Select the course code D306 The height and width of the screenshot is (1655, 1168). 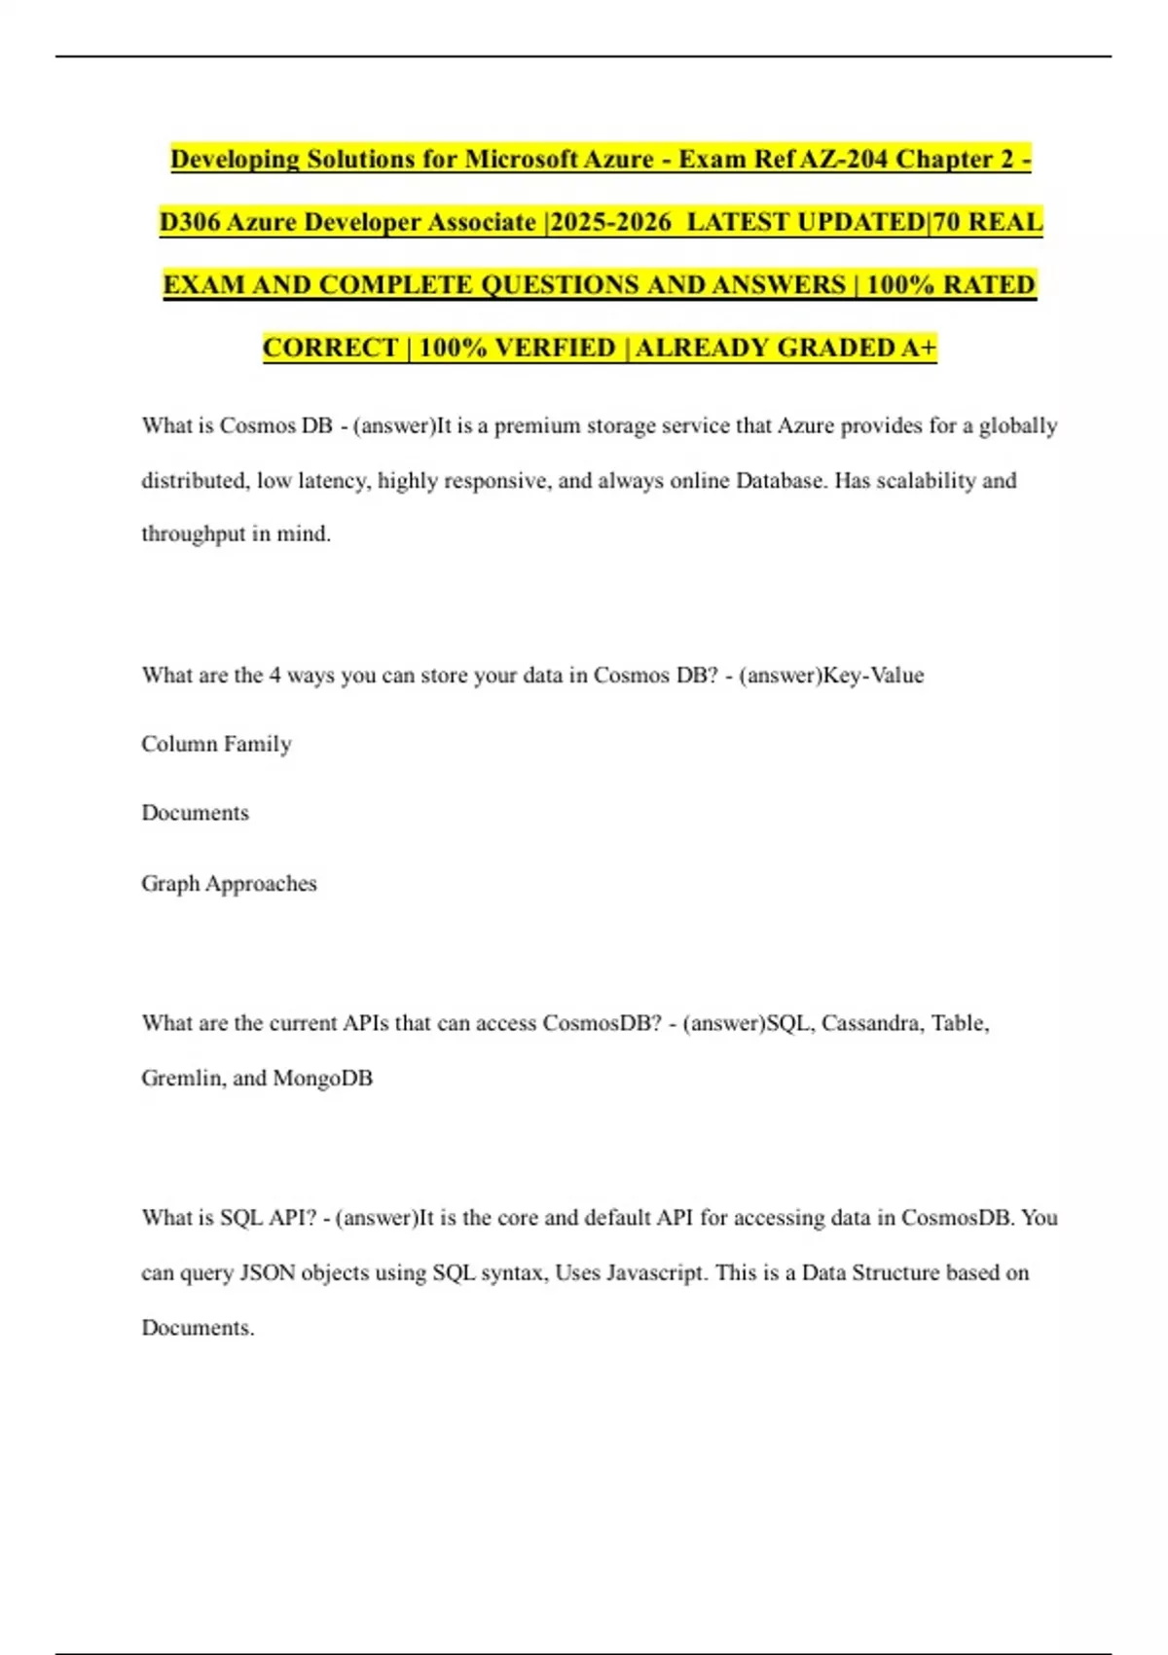190,222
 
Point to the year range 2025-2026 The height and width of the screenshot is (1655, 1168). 610,222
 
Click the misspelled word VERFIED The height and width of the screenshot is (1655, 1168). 556,348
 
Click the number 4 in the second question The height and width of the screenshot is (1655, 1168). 275,676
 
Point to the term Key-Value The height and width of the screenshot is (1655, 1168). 873,676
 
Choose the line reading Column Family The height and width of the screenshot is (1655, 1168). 216,745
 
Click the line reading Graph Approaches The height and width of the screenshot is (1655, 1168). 229,884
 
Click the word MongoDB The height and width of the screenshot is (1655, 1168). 322,1079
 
